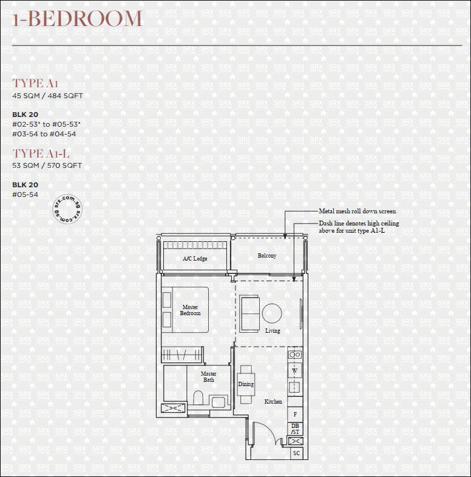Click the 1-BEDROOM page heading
click(x=77, y=18)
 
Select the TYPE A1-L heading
click(x=41, y=153)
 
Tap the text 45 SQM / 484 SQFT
click(x=47, y=96)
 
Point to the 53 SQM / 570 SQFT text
click(x=47, y=165)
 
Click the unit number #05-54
click(x=25, y=195)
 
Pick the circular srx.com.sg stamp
click(x=67, y=209)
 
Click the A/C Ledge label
click(x=195, y=259)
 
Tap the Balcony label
click(x=267, y=256)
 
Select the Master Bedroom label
click(x=190, y=310)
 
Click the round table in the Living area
click(x=272, y=313)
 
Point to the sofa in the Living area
click(x=249, y=313)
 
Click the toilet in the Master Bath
click(x=198, y=398)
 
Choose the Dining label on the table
click(x=246, y=384)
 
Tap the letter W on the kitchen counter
click(x=295, y=371)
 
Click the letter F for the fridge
click(x=295, y=415)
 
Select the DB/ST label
click(x=295, y=429)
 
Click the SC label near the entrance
click(x=296, y=453)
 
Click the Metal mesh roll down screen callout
click(x=357, y=211)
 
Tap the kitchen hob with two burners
click(x=295, y=355)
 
